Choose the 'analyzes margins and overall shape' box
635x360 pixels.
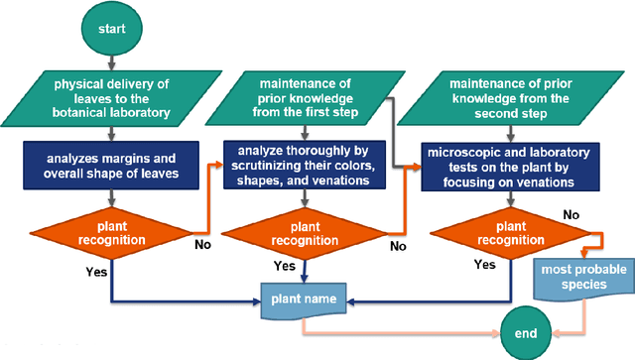pos(111,163)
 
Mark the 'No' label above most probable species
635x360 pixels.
pos(571,212)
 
